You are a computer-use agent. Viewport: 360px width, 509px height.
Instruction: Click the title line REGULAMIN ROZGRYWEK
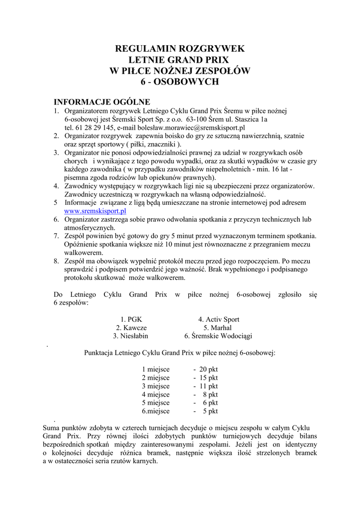pos(180,49)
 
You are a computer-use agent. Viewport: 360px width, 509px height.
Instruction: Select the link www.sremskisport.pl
pos(95,211)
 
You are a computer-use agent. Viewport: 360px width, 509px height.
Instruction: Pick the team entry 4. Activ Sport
pos(219,320)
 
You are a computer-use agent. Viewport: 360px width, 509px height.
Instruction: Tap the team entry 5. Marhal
pos(218,328)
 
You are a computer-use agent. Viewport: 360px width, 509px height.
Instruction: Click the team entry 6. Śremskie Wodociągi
pos(218,336)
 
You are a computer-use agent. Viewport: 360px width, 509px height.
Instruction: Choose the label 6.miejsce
pos(156,412)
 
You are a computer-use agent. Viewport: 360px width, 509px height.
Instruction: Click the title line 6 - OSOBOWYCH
pos(180,82)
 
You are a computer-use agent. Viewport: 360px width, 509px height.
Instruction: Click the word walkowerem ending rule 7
pos(84,253)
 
